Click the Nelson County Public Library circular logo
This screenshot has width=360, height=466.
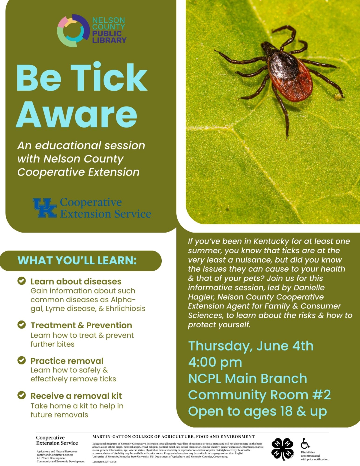[x=73, y=31]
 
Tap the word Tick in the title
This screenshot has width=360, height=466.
[x=109, y=77]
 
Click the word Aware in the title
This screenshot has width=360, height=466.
[x=77, y=115]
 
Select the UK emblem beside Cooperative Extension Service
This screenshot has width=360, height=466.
[x=45, y=207]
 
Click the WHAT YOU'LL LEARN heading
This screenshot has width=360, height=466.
[x=77, y=260]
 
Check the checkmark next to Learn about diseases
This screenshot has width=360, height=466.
[x=22, y=281]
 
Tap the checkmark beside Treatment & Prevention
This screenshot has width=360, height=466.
[x=22, y=325]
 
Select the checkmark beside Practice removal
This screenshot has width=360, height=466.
[x=22, y=360]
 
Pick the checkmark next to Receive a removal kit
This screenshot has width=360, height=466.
[x=22, y=395]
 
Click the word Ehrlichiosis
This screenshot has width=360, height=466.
[x=126, y=308]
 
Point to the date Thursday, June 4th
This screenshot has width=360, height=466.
[x=251, y=346]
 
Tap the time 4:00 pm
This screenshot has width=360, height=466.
[x=215, y=362]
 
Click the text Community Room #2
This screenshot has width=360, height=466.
[x=259, y=395]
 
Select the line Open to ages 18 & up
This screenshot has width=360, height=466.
[x=257, y=411]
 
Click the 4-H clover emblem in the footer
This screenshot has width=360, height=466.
[x=282, y=449]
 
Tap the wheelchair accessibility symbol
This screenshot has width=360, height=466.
[x=305, y=443]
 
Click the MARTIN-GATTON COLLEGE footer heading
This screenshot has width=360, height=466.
[x=173, y=437]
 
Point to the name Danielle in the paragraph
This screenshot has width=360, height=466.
[x=309, y=287]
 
